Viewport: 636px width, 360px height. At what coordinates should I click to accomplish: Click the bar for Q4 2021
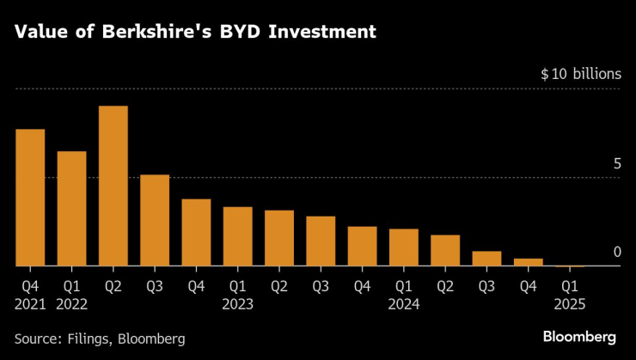pos(30,198)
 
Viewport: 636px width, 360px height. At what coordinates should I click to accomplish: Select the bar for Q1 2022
pos(71,209)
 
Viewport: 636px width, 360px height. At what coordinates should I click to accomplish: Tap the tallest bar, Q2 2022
pos(113,186)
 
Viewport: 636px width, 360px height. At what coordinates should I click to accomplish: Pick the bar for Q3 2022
pos(155,221)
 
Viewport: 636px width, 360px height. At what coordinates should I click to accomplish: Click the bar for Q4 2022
pos(196,233)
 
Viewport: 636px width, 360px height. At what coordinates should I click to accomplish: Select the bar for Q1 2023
pos(237,236)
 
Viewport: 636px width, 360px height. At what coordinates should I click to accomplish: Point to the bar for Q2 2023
pos(278,238)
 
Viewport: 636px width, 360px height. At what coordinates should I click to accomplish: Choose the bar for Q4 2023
pos(362,247)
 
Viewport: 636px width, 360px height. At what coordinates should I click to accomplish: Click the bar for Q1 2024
pos(403,247)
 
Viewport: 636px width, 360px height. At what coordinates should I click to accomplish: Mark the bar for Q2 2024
pos(444,251)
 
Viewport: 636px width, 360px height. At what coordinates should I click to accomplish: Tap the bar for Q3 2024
pos(486,259)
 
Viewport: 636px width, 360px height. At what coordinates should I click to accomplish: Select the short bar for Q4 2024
pos(528,262)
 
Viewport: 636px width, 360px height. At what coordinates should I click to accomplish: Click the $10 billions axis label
pos(580,75)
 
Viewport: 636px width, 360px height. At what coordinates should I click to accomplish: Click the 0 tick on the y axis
pos(616,252)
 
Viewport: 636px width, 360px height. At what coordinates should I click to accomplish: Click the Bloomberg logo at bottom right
pos(578,334)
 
